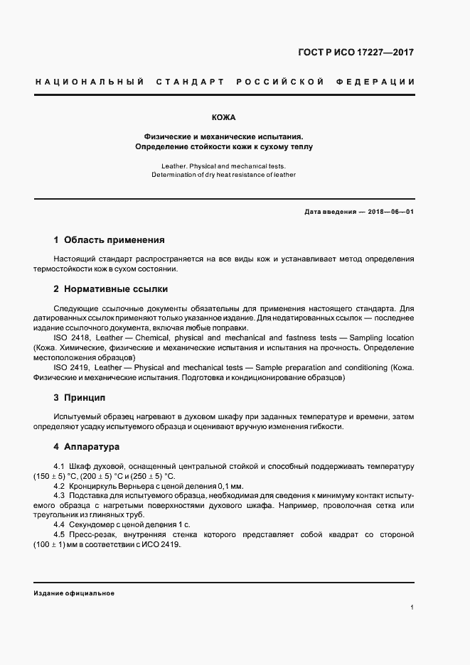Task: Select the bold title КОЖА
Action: [x=224, y=117]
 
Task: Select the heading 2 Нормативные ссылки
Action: [x=110, y=289]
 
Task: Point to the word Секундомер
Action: [x=95, y=524]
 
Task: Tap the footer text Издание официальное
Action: [x=74, y=593]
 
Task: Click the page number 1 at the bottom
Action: [x=412, y=607]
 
